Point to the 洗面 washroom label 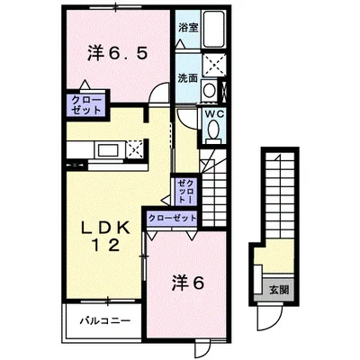click(187, 77)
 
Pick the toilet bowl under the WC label click(212, 131)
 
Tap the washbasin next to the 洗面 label click(208, 90)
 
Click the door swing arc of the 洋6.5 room click(159, 92)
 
